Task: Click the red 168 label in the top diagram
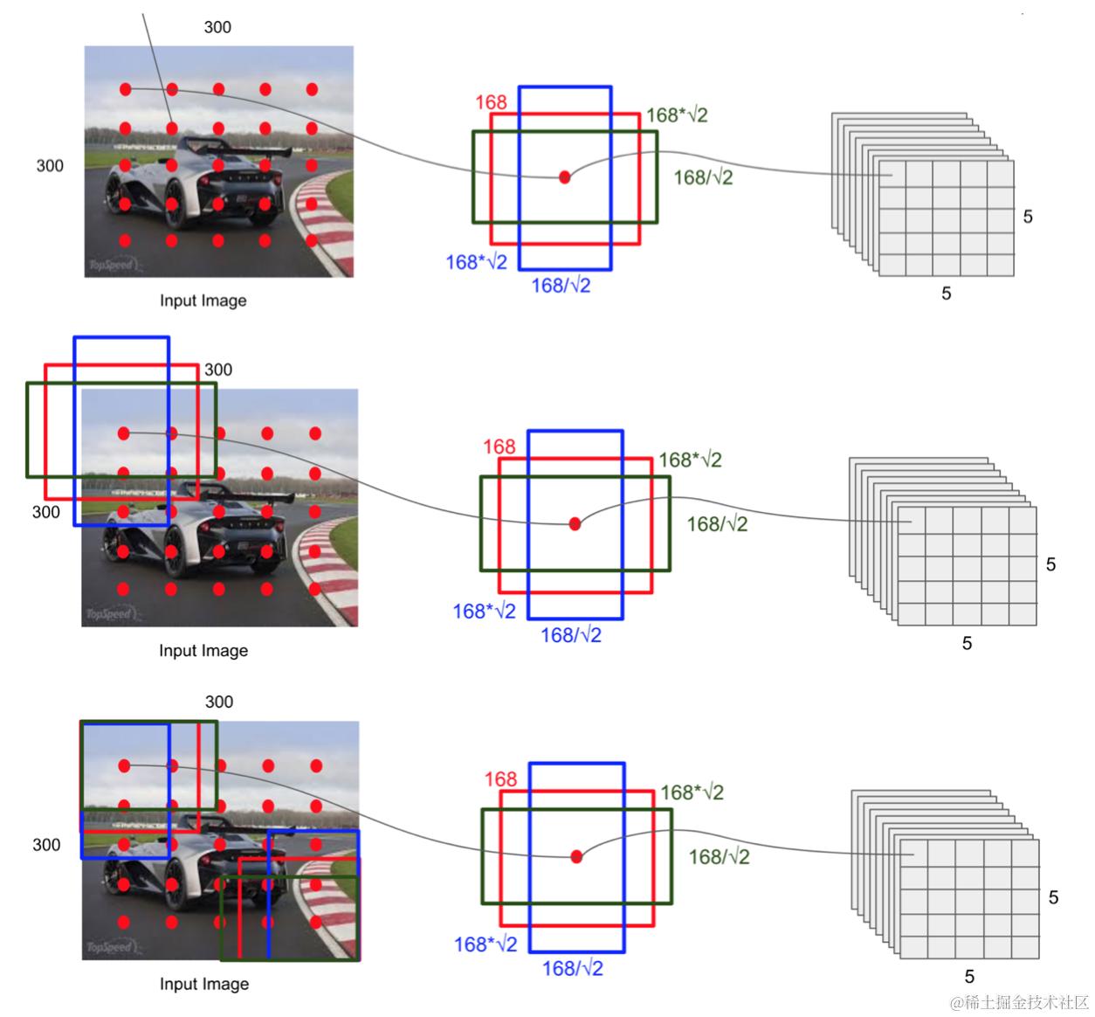[x=491, y=102]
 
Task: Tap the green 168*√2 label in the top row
[x=677, y=114]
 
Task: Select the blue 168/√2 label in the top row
[x=561, y=285]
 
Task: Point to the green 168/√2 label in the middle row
[x=717, y=524]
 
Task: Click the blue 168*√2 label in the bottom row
[x=486, y=944]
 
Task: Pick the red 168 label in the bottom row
[x=500, y=778]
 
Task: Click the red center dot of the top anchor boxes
[x=564, y=177]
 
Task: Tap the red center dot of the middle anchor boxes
[x=575, y=524]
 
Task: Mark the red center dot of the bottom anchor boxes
[x=576, y=857]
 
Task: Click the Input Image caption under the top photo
[x=203, y=301]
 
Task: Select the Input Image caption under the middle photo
[x=203, y=651]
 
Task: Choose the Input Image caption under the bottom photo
[x=203, y=984]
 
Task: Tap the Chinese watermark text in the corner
[x=1019, y=1001]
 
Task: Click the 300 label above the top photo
[x=217, y=27]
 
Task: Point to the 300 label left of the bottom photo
[x=46, y=845]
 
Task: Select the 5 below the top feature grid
[x=946, y=294]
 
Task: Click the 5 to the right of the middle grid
[x=1050, y=564]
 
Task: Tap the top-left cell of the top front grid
[x=892, y=174]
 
